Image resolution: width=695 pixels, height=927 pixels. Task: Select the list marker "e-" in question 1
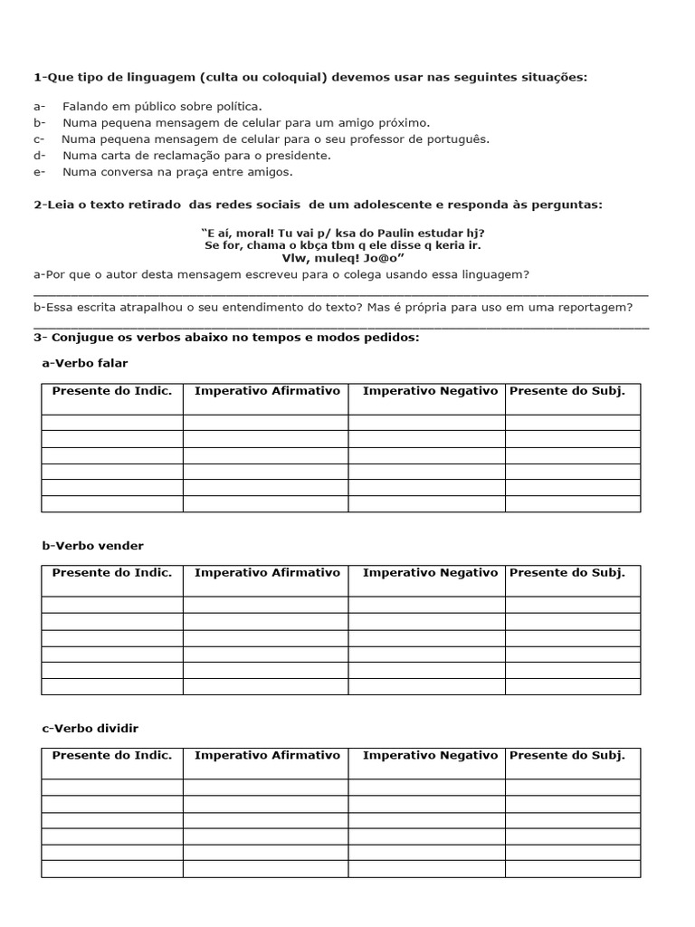click(40, 172)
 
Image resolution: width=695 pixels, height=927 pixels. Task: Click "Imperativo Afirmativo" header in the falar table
click(267, 391)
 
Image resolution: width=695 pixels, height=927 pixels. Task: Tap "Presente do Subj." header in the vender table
click(567, 573)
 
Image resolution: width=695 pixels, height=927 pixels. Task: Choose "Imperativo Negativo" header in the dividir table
click(430, 755)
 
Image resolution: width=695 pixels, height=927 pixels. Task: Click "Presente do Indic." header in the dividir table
click(111, 755)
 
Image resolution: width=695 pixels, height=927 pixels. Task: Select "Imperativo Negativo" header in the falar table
click(430, 391)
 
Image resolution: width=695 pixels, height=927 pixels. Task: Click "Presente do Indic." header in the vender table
click(111, 573)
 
